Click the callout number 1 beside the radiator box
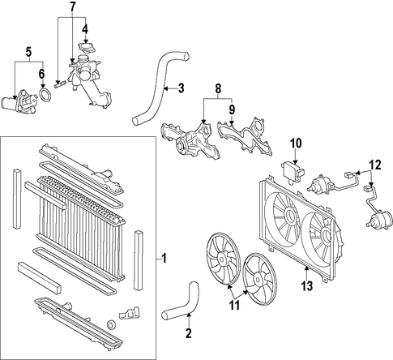point(164,259)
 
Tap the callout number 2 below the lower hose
point(189,333)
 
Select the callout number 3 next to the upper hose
point(181,88)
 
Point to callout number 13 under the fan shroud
point(307,286)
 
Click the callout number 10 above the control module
point(296,144)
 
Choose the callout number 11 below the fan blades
point(234,306)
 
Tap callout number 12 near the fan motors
point(376,165)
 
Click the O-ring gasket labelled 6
point(45,94)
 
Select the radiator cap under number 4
point(87,48)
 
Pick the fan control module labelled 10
point(293,172)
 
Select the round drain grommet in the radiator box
point(111,324)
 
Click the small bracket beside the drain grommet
point(129,313)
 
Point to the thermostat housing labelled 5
point(19,102)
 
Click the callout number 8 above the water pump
point(218,88)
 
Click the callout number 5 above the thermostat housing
point(28,53)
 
